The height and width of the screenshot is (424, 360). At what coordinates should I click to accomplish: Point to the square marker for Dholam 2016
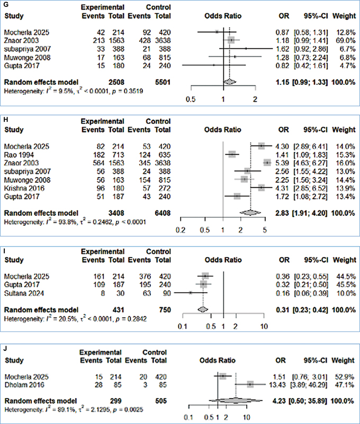[x=250, y=384]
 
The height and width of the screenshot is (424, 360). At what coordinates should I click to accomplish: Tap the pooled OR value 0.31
[x=282, y=308]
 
